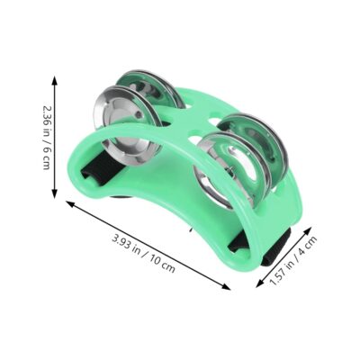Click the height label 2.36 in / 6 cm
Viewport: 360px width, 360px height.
point(46,138)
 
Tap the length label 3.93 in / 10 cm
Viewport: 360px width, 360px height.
point(144,254)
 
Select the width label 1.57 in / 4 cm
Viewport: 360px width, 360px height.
point(293,260)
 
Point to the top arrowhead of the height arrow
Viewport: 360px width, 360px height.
point(54,80)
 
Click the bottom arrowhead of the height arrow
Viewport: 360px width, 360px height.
point(54,194)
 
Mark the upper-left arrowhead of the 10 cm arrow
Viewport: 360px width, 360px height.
point(70,203)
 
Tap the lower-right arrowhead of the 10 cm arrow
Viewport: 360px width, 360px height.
point(227,287)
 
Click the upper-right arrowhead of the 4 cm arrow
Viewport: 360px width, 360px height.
point(310,230)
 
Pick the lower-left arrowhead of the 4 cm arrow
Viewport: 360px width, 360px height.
point(259,283)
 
